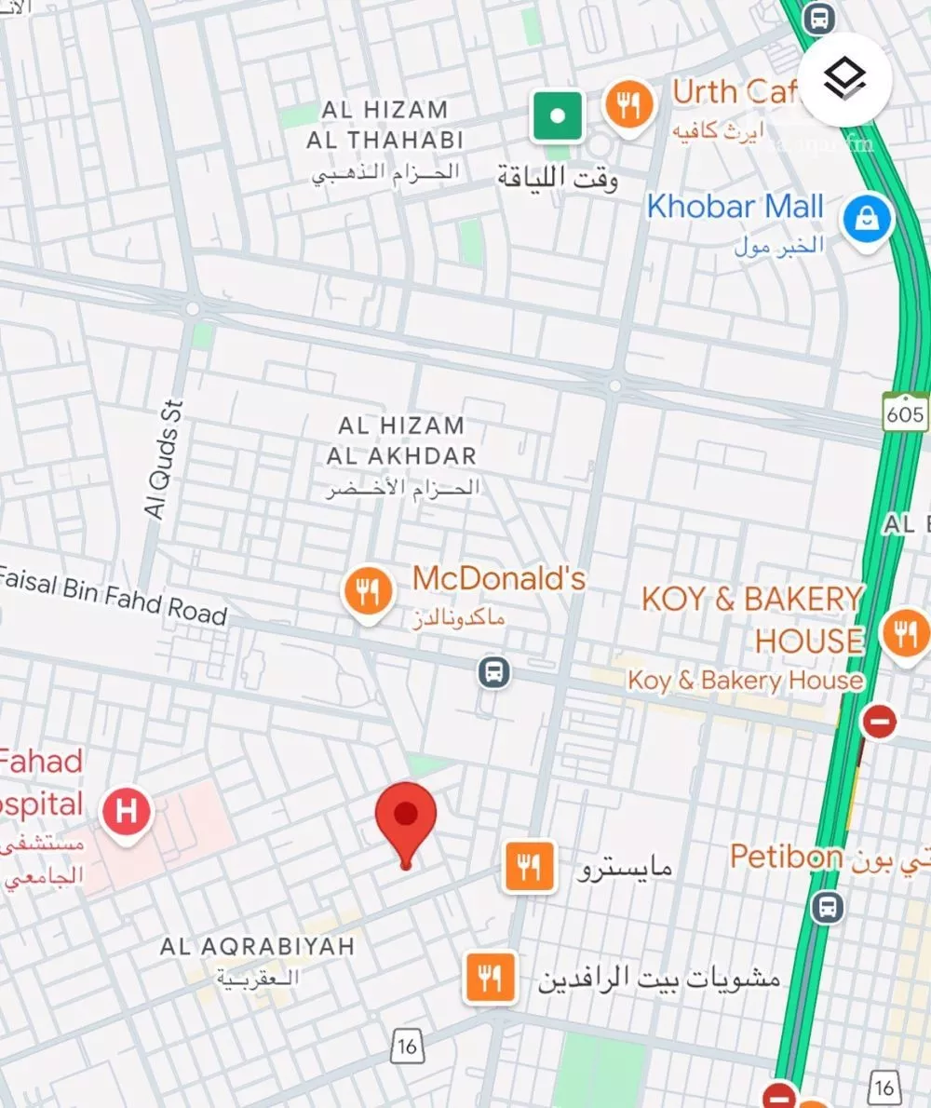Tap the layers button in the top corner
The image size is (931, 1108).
845,80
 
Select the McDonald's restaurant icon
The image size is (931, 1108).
369,591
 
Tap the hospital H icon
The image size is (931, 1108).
128,810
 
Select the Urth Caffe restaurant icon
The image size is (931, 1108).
629,106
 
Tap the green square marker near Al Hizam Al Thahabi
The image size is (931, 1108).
558,116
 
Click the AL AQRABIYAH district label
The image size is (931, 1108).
258,947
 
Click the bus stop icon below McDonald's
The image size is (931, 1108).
494,670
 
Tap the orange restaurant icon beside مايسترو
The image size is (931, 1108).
530,867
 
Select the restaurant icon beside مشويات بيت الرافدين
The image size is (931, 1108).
490,978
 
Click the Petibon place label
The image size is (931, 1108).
787,857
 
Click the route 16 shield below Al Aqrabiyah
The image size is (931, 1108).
406,1046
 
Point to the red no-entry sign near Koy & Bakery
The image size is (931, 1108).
879,720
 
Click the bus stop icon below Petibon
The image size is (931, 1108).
827,905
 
